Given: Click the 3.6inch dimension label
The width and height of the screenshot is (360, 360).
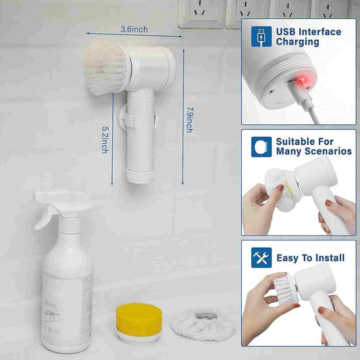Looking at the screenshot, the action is click(134, 30).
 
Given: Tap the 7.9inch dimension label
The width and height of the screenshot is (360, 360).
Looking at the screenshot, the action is click(190, 120).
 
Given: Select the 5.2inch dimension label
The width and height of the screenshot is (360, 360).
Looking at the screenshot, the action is click(105, 140).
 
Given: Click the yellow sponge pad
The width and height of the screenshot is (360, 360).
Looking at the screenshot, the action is click(139, 317).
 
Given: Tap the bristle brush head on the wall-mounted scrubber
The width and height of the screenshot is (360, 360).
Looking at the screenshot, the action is click(105, 68).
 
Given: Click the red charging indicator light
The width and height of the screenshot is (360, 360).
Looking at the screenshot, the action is click(303, 80).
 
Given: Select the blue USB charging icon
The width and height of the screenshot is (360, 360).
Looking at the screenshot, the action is click(261, 36).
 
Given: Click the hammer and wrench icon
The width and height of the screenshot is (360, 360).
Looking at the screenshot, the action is click(261, 257).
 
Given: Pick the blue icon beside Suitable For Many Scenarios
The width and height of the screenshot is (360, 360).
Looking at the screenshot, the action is click(261, 147).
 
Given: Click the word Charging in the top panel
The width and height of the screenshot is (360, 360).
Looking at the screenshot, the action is click(298, 42).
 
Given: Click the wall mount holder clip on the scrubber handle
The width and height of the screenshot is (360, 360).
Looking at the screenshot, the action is click(125, 117).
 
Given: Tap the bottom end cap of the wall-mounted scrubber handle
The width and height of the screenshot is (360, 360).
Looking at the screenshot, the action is click(140, 176).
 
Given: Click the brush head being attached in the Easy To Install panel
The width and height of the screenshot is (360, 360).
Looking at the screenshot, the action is click(286, 290).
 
